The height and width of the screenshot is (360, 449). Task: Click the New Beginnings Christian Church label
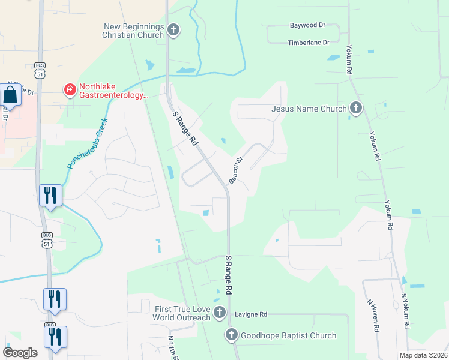click(x=134, y=31)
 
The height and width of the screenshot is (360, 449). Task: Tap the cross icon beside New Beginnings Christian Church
click(x=173, y=30)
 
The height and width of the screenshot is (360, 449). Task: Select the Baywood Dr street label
click(x=307, y=26)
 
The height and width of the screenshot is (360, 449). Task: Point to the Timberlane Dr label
click(x=309, y=43)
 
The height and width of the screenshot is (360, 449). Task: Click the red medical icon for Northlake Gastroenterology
click(x=70, y=90)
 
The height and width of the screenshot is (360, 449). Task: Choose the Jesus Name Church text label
click(x=309, y=109)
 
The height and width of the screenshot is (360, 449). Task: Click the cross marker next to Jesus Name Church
click(x=356, y=108)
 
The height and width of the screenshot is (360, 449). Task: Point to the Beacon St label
click(x=234, y=170)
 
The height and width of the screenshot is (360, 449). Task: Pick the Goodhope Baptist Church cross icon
click(x=232, y=335)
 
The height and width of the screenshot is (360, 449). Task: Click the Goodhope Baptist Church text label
click(x=288, y=335)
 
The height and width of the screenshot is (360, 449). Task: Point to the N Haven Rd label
click(x=373, y=314)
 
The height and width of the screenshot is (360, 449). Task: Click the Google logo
click(x=20, y=352)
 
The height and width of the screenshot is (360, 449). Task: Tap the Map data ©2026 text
click(x=423, y=355)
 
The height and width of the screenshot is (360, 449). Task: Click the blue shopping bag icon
click(x=11, y=94)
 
